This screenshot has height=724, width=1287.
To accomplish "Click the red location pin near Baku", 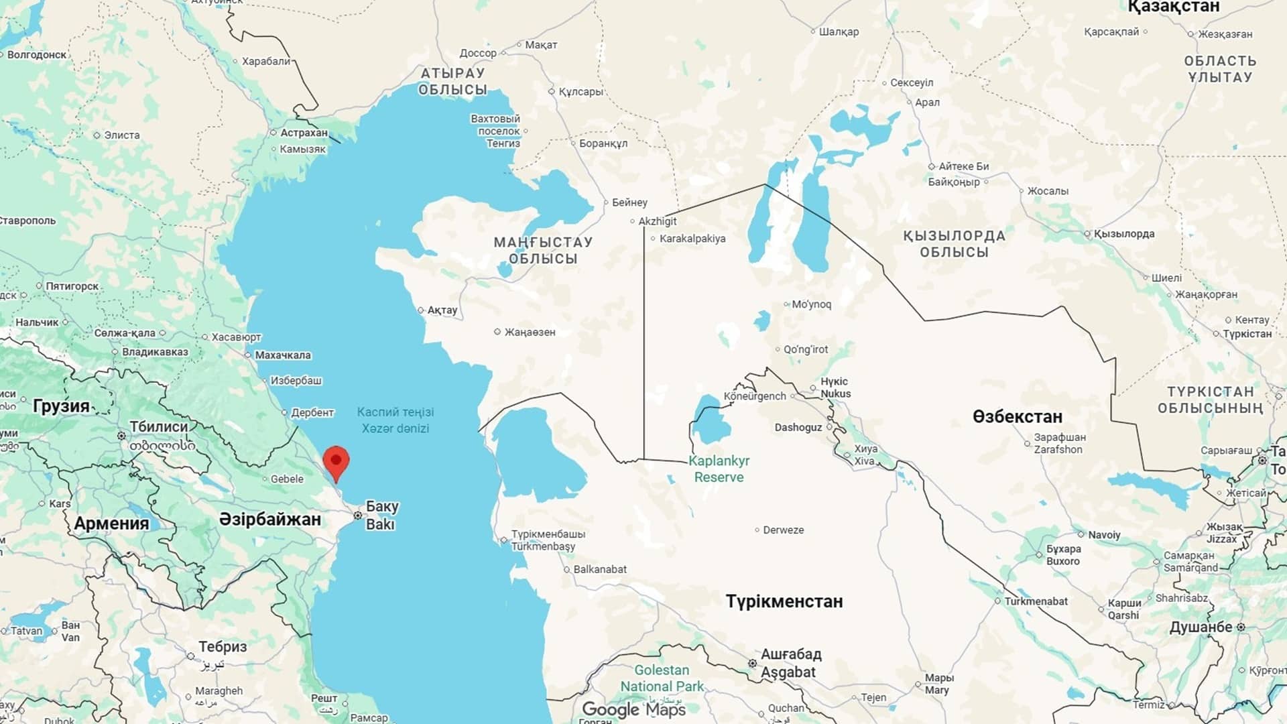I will [336, 461].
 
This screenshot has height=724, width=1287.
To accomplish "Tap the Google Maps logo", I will [633, 709].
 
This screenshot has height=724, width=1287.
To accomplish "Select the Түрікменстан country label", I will [784, 601].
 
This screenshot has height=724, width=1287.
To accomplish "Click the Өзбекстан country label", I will [1017, 416].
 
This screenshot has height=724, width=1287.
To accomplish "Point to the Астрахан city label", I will [304, 133].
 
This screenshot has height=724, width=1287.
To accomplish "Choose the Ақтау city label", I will [442, 310].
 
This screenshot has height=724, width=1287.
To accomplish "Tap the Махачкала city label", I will [283, 355].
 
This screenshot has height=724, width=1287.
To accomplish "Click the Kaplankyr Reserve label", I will [719, 469].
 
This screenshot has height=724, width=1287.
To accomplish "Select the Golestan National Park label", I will [662, 678].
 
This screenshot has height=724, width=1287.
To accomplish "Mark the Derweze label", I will [783, 530].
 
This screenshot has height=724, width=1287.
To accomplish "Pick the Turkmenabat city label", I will [1036, 601].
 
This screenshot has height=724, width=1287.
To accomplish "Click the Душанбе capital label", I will [1201, 627].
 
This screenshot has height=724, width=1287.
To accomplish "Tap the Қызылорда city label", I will [1123, 234].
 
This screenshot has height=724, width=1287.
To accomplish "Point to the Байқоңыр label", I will [954, 182].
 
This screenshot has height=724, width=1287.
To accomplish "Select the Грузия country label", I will [61, 406].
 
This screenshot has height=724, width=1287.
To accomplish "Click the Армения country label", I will [111, 524].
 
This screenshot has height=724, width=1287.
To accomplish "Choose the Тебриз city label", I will [223, 647].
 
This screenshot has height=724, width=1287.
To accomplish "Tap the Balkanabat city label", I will [600, 569].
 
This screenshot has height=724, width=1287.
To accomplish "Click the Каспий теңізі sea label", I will [395, 412].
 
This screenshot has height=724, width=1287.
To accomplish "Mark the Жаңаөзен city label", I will [530, 332].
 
